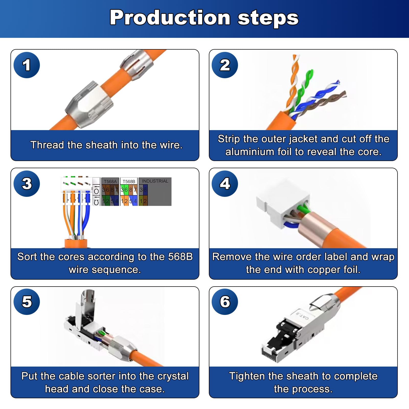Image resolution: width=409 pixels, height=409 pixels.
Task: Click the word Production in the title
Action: click(170, 18)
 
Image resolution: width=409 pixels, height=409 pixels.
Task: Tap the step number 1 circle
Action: click(27, 65)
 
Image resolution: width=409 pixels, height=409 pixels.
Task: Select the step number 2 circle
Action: click(225, 65)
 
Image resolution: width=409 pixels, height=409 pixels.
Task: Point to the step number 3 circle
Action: click(27, 184)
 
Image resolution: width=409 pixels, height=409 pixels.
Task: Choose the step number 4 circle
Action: click(225, 184)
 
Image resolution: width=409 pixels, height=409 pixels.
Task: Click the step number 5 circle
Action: click(27, 302)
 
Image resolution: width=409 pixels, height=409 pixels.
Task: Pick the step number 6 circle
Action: click(225, 302)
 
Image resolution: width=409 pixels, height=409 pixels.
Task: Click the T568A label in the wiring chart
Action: click(110, 181)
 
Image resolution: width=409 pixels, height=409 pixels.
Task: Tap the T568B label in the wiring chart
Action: click(129, 181)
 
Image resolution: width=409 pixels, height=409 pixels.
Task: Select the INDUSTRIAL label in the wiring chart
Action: click(155, 181)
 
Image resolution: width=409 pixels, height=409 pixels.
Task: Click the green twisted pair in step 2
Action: click(303, 89)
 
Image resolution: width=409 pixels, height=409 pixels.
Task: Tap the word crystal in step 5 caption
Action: click(173, 376)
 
